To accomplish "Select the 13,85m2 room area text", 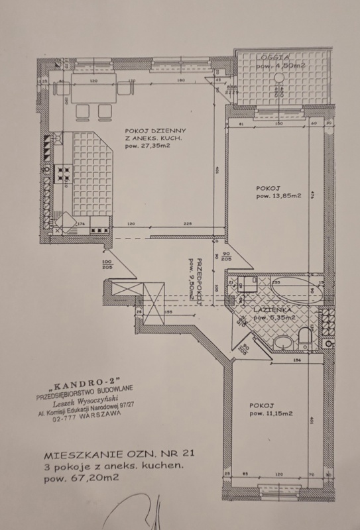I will pyautogui.click(x=279, y=196).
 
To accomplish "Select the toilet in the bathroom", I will pyautogui.click(x=304, y=338).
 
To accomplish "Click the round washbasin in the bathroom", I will pyautogui.click(x=282, y=343).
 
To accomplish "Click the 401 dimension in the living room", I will pyautogui.click(x=217, y=170).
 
